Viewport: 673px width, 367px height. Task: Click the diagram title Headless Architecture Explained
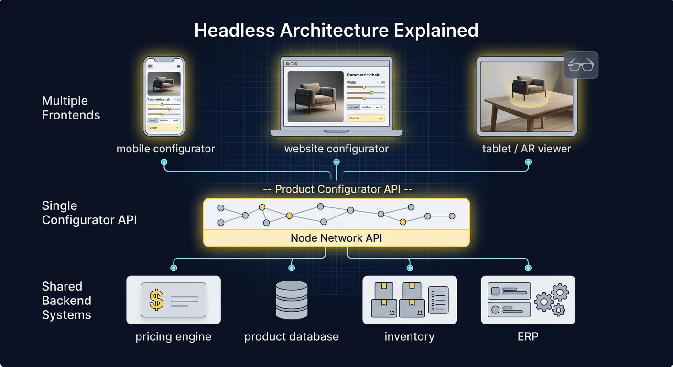coord(336,31)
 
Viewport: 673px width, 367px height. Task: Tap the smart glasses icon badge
coord(581,65)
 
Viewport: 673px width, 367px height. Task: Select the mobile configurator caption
coord(165,149)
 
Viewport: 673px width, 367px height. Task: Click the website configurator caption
coord(336,149)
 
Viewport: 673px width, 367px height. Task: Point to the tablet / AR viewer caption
coord(526,149)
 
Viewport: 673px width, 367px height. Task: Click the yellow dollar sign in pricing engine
coord(156,300)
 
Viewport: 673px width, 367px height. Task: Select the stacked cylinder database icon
coord(292,300)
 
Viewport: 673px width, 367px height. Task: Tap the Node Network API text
coord(336,238)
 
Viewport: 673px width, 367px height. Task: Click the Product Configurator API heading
coord(337,189)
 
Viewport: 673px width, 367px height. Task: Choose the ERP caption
coord(528,336)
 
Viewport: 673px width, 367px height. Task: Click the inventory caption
coord(409,336)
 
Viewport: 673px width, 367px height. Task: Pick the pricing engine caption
coord(173,336)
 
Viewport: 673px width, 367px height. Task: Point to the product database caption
coord(291,336)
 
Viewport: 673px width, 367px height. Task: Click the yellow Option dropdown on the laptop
coord(366,118)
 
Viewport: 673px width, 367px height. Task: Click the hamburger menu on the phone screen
coord(179,66)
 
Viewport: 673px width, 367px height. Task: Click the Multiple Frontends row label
coord(71,108)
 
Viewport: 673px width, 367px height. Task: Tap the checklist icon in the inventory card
coord(438,300)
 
